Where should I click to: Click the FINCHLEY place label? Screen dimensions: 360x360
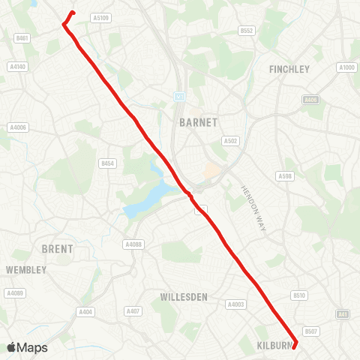[289, 69]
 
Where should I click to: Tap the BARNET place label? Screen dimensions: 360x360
[198, 121]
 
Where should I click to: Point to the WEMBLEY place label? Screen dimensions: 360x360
[25, 269]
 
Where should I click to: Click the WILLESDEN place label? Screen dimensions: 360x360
[184, 297]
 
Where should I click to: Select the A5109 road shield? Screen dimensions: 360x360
[100, 17]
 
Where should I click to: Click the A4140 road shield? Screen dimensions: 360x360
[18, 67]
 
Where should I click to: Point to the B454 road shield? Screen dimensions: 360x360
[108, 163]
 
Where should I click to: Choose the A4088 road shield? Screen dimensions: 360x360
[133, 244]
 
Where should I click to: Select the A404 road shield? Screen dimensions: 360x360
[86, 311]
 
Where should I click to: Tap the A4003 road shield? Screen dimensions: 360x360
[235, 304]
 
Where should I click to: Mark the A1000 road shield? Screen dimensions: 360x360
[346, 67]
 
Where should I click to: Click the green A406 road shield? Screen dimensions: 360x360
[310, 100]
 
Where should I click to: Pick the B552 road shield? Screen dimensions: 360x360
[247, 31]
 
